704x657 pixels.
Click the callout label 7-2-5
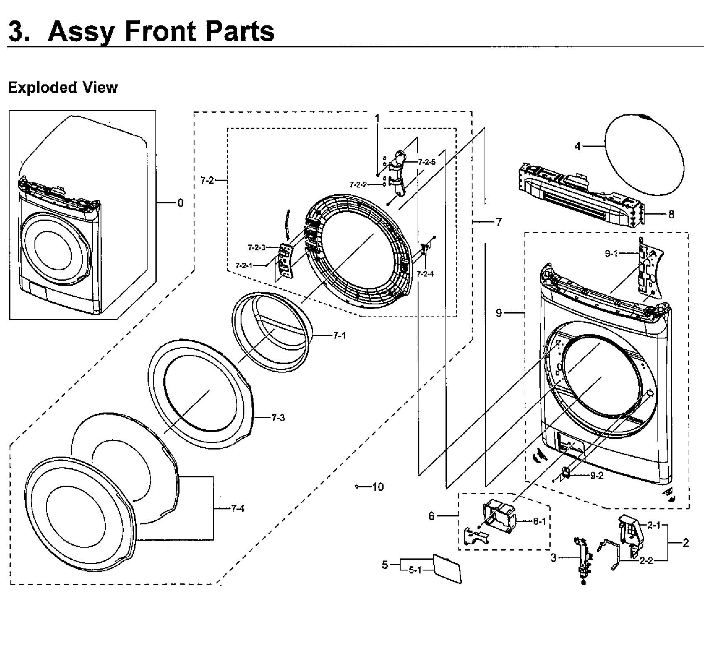pyautogui.click(x=426, y=162)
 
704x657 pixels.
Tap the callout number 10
pyautogui.click(x=377, y=487)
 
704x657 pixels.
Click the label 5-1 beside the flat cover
pyautogui.click(x=415, y=571)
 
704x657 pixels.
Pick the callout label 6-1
pyautogui.click(x=539, y=521)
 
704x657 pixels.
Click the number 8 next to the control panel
pyautogui.click(x=671, y=215)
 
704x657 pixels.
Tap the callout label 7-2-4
pyautogui.click(x=425, y=274)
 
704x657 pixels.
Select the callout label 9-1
pyautogui.click(x=611, y=254)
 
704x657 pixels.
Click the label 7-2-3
pyautogui.click(x=256, y=248)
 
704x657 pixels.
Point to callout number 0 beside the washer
pyautogui.click(x=180, y=203)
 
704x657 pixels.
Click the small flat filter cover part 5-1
pyautogui.click(x=447, y=568)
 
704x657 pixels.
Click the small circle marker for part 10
pyautogui.click(x=357, y=487)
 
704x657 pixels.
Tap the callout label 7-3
pyautogui.click(x=278, y=418)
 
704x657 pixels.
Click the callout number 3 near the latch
pyautogui.click(x=553, y=558)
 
